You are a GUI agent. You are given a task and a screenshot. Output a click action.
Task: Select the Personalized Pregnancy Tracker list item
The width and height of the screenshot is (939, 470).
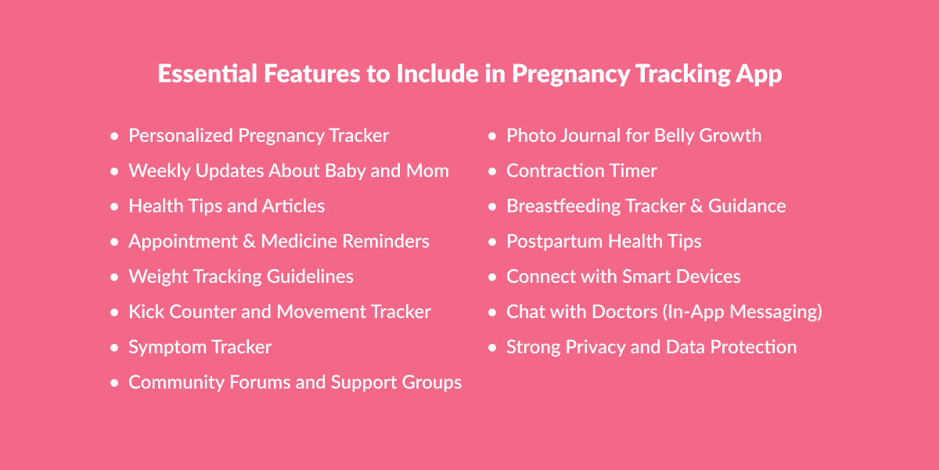coord(258,136)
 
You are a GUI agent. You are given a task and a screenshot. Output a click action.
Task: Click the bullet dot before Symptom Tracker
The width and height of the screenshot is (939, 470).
coord(114,347)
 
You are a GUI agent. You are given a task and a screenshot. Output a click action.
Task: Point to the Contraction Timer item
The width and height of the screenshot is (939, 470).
coord(581,171)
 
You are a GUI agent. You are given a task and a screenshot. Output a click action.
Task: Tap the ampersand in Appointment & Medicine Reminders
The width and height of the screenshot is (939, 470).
coord(250,241)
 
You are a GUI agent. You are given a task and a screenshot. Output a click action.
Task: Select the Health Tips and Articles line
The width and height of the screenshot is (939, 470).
coord(226,206)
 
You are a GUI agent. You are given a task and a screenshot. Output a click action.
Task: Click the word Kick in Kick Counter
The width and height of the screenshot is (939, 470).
coord(145,312)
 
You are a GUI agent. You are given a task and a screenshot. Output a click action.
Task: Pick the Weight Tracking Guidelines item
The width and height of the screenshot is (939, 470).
coord(241,277)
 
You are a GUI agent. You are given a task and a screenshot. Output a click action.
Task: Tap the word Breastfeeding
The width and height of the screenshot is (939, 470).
coord(563,206)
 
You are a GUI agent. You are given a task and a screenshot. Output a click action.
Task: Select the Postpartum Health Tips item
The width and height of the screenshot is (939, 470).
coord(603,241)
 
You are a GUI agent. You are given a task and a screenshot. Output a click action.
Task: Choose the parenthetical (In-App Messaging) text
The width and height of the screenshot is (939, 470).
coord(743,312)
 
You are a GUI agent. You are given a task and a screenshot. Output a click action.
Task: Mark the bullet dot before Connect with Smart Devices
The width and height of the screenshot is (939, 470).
coord(492,277)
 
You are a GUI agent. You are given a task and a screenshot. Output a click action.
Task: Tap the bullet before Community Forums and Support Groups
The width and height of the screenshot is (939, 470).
coord(114,383)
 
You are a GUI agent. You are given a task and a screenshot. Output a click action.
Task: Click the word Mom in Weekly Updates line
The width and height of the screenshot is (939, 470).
coord(427,171)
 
